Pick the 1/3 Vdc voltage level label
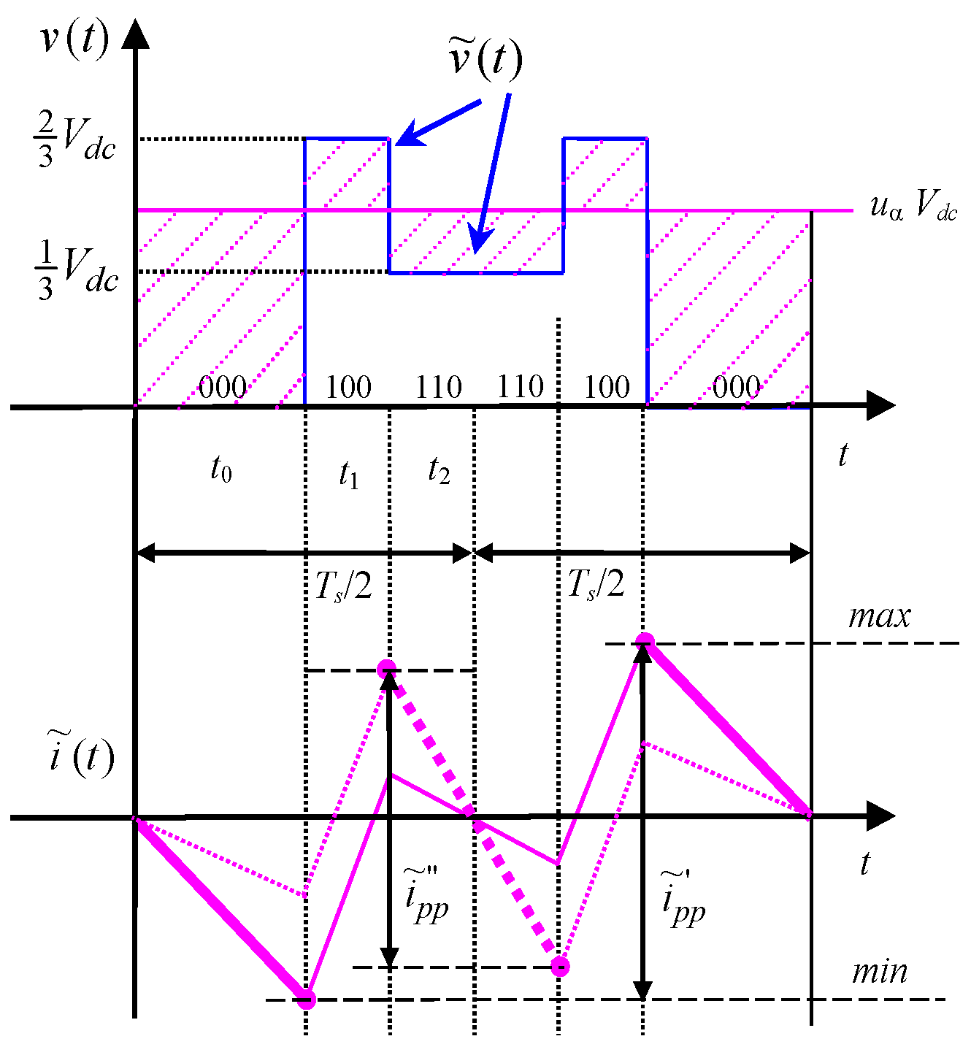pyautogui.click(x=76, y=271)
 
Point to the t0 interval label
pyautogui.click(x=220, y=469)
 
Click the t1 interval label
pyautogui.click(x=348, y=475)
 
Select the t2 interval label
pyautogui.click(x=438, y=471)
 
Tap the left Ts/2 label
pyautogui.click(x=343, y=586)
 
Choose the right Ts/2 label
pyautogui.click(x=596, y=584)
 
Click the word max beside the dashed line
pyautogui.click(x=879, y=617)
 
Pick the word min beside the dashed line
pyautogui.click(x=880, y=972)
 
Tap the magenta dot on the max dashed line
pyautogui.click(x=644, y=643)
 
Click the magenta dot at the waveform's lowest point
pyautogui.click(x=307, y=999)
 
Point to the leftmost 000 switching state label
pyautogui.click(x=222, y=387)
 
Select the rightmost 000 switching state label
pyautogui.click(x=736, y=387)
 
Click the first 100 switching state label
pyautogui.click(x=348, y=387)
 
